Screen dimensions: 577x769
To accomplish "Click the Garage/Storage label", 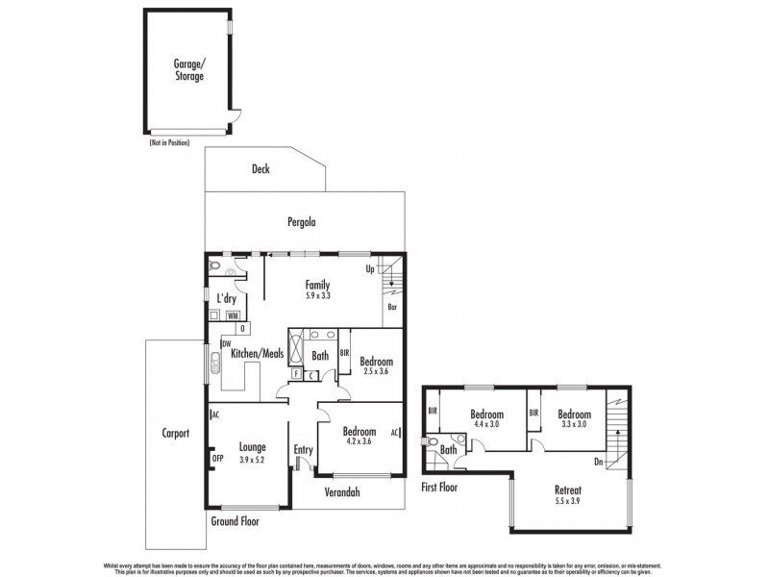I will coord(188,69).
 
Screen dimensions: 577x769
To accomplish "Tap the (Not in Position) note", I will coord(169,142).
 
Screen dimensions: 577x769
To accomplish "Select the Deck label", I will coord(260,169).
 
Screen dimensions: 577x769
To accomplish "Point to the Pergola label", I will coord(302,222).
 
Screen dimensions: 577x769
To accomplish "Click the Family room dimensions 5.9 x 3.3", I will coord(317,296).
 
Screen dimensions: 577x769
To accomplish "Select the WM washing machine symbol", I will coord(234,315).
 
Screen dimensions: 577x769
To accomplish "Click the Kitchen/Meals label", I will coord(258,354).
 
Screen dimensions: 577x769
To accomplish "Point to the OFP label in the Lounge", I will coord(217,459).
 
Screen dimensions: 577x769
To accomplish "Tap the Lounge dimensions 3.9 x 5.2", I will coord(253,460).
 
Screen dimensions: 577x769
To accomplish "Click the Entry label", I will coord(304,449).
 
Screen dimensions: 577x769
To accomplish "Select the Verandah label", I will coord(341,492).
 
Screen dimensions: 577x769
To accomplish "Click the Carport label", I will coord(175,434).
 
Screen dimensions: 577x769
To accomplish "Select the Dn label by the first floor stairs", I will coord(599,462).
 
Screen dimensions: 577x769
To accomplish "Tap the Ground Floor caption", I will coord(235,520).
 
